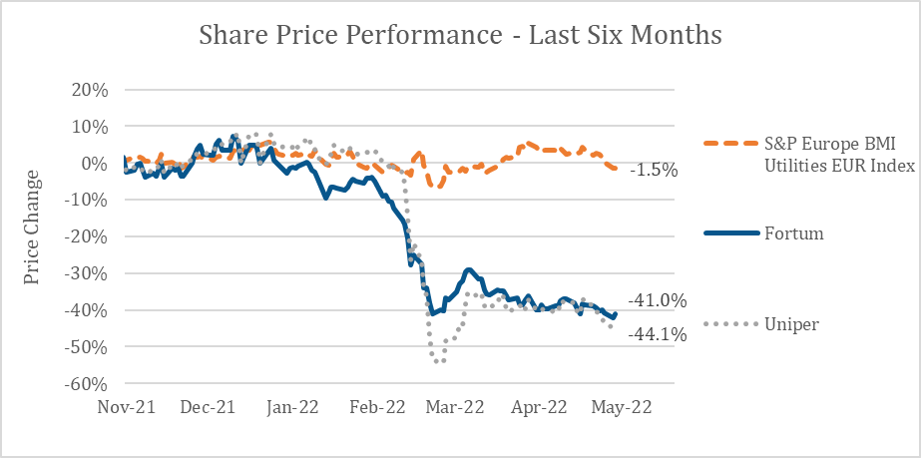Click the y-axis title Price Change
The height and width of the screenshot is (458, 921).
[33, 227]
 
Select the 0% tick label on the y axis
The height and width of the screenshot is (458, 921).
[93, 163]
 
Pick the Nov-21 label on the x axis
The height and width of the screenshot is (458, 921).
[125, 407]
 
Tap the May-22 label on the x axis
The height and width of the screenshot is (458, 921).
[624, 407]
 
